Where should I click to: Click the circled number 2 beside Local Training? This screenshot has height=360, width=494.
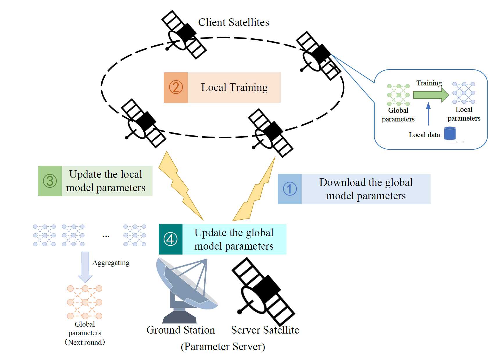tap(176, 87)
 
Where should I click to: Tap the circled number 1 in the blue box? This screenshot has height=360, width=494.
tap(290, 189)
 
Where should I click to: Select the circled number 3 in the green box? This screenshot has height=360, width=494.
tap(50, 181)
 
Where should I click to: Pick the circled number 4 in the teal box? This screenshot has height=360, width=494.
tap(171, 239)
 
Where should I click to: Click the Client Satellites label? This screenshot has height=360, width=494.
tap(234, 22)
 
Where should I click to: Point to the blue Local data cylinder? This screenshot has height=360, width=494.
tap(450, 133)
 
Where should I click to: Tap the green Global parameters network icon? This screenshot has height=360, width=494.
tap(398, 95)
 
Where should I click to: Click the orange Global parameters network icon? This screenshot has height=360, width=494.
tap(85, 302)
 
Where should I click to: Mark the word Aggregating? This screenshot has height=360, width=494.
tap(111, 263)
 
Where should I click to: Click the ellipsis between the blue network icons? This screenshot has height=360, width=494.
tap(106, 236)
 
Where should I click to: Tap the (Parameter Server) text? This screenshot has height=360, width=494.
tap(223, 347)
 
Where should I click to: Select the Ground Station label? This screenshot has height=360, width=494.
tap(181, 330)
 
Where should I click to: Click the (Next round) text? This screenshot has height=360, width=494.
tap(85, 342)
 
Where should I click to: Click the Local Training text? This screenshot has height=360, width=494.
tap(234, 87)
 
